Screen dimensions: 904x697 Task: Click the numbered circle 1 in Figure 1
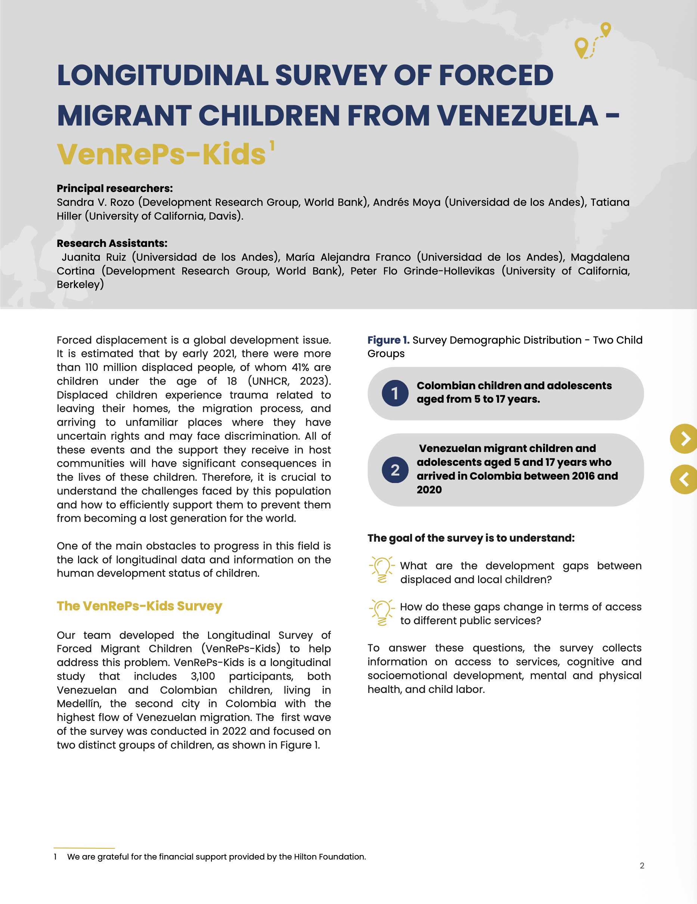pos(395,393)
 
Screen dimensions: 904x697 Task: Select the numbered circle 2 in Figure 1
pos(395,470)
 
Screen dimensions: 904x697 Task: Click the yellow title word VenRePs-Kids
pos(161,154)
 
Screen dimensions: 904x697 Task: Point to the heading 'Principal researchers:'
pos(115,188)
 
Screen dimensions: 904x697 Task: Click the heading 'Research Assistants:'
pos(112,244)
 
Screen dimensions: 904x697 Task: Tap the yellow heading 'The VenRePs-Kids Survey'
pos(139,606)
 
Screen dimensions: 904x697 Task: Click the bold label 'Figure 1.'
pos(388,340)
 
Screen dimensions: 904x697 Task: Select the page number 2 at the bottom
pos(642,866)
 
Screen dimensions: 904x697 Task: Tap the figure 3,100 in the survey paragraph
pos(203,677)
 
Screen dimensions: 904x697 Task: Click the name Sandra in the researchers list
pos(75,202)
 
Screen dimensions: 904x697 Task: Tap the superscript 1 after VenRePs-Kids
pos(272,146)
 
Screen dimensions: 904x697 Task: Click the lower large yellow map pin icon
pos(581,47)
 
